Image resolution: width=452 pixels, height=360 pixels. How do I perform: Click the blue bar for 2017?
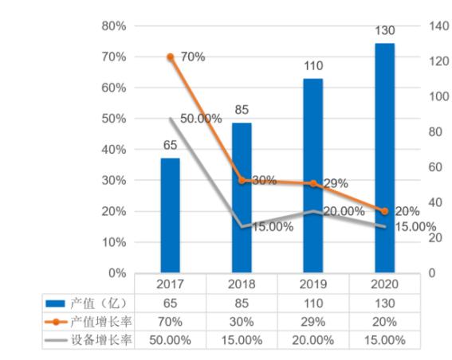click(x=170, y=215)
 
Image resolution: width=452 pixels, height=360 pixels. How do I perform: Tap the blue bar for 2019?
click(x=312, y=175)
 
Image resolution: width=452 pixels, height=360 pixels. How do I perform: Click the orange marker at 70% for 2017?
click(x=170, y=57)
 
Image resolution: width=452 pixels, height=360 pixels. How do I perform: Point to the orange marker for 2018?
click(x=242, y=181)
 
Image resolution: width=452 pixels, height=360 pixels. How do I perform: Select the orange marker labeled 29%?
click(x=312, y=184)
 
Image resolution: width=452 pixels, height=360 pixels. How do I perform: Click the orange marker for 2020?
click(x=384, y=211)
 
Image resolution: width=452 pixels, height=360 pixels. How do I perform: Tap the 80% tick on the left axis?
click(x=115, y=26)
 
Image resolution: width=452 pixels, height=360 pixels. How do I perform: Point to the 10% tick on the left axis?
click(x=115, y=242)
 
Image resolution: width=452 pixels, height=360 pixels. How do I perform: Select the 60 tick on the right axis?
click(x=415, y=167)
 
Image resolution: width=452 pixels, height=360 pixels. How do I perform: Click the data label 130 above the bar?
click(x=384, y=30)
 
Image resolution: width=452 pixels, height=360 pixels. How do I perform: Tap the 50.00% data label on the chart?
click(x=200, y=119)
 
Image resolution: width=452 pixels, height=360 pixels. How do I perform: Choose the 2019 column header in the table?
click(x=312, y=284)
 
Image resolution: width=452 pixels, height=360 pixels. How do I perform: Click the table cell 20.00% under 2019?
click(x=312, y=340)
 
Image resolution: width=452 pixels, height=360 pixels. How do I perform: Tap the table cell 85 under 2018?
click(x=242, y=303)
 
